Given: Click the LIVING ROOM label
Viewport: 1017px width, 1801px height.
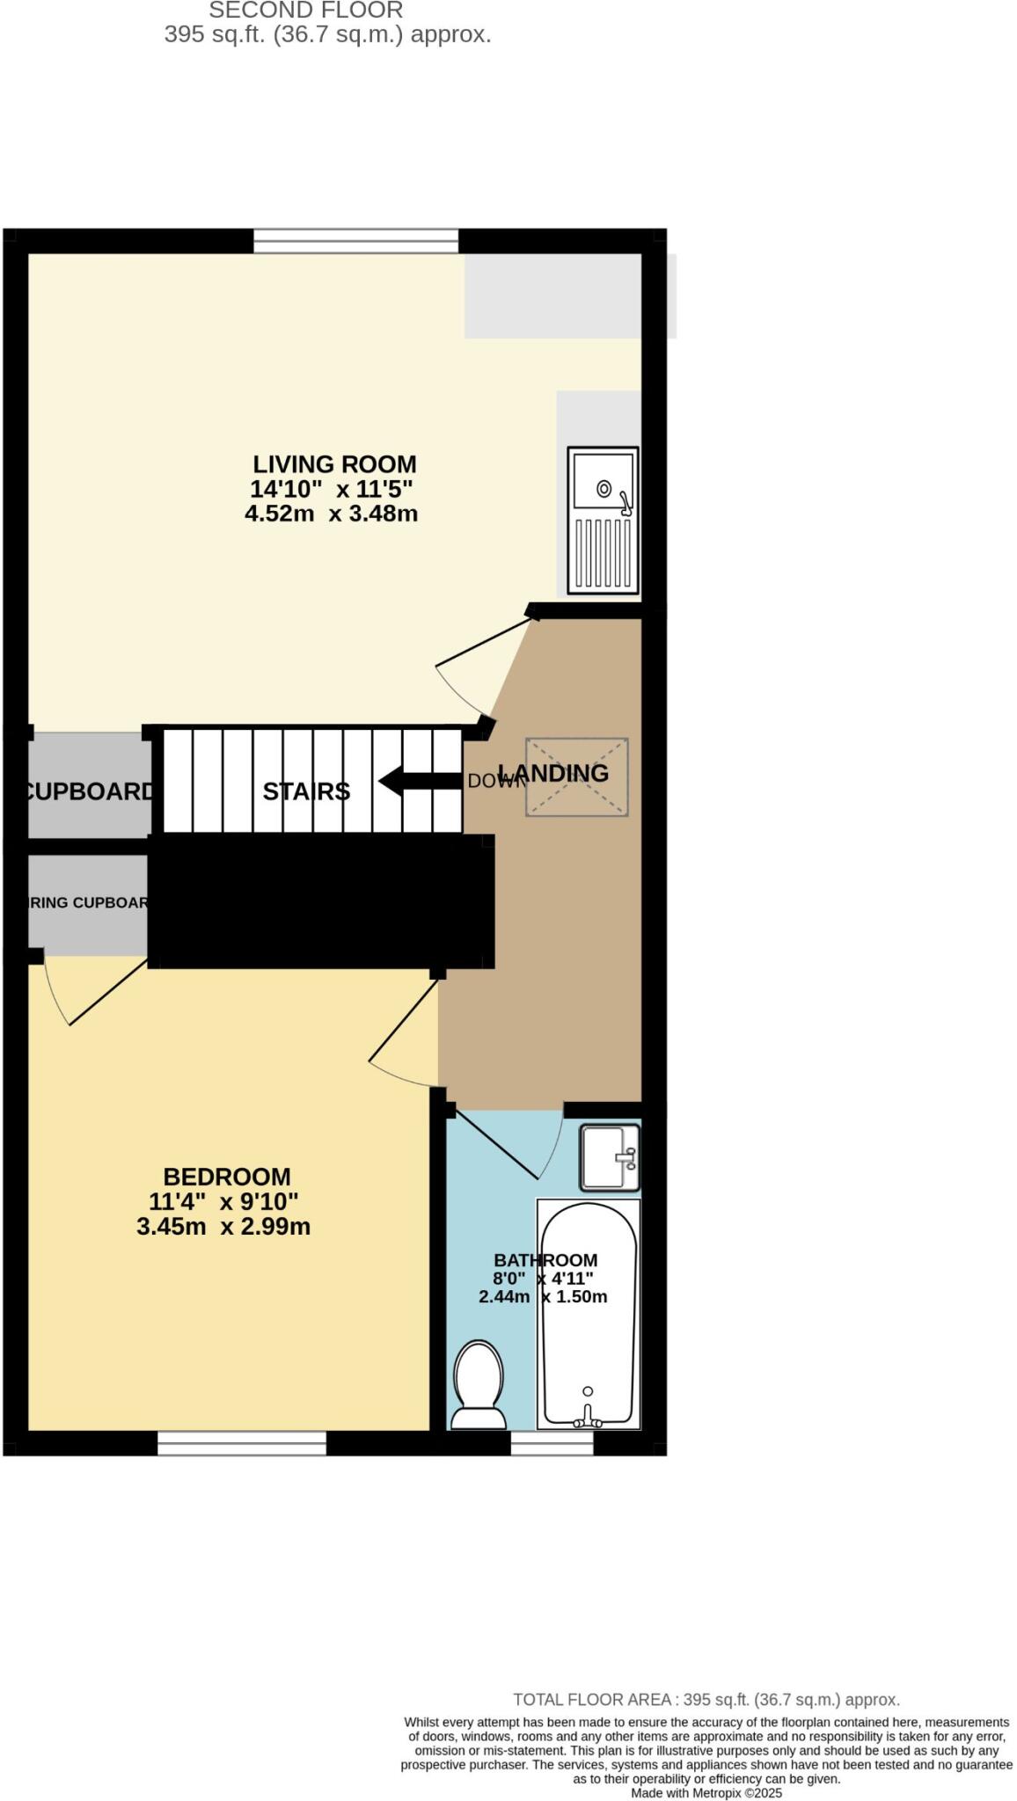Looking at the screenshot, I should point(334,463).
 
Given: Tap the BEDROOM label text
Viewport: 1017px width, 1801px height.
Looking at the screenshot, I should point(227,1176).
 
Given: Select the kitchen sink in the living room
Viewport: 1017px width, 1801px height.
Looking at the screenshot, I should point(603,519).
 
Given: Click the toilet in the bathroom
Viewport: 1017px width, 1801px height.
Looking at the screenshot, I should point(478,1384).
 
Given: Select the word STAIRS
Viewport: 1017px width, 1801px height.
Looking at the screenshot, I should point(306,791).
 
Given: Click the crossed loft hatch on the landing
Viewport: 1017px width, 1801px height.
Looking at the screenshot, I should point(576,777).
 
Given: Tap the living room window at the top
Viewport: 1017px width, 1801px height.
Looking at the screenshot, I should point(356,240).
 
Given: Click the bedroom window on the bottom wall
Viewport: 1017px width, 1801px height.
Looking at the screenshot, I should point(242,1443).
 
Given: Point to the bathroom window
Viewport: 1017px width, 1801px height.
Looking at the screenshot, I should point(552,1443).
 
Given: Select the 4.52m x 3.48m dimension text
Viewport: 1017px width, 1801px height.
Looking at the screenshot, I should point(331,514).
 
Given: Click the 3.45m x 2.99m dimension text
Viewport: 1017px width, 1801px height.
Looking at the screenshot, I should point(223,1226).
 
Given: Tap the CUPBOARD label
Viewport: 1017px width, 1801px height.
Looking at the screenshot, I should point(88,791).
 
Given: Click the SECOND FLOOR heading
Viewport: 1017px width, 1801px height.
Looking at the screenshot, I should point(305,11).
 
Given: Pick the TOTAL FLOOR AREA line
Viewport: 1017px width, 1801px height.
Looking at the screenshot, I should point(706,1700).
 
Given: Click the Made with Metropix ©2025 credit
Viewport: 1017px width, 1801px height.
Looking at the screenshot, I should point(706,1793).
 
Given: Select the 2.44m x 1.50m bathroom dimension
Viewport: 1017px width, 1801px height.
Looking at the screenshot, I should point(543,1297).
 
